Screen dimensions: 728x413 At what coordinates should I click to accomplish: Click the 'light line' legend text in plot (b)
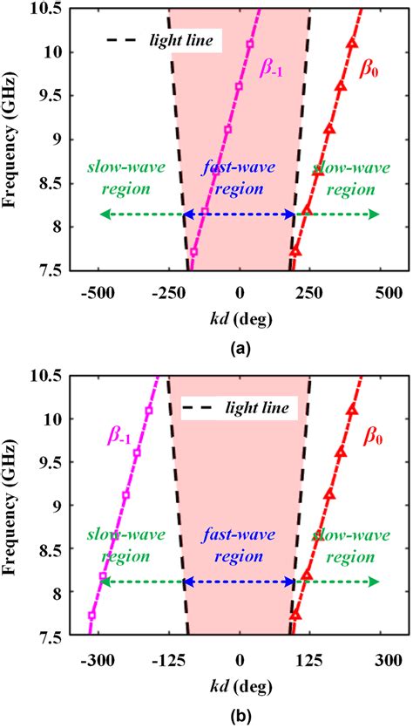point(258,408)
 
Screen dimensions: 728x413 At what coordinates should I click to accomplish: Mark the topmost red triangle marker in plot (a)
point(352,43)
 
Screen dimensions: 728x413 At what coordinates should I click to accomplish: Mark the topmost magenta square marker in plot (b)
point(149,410)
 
